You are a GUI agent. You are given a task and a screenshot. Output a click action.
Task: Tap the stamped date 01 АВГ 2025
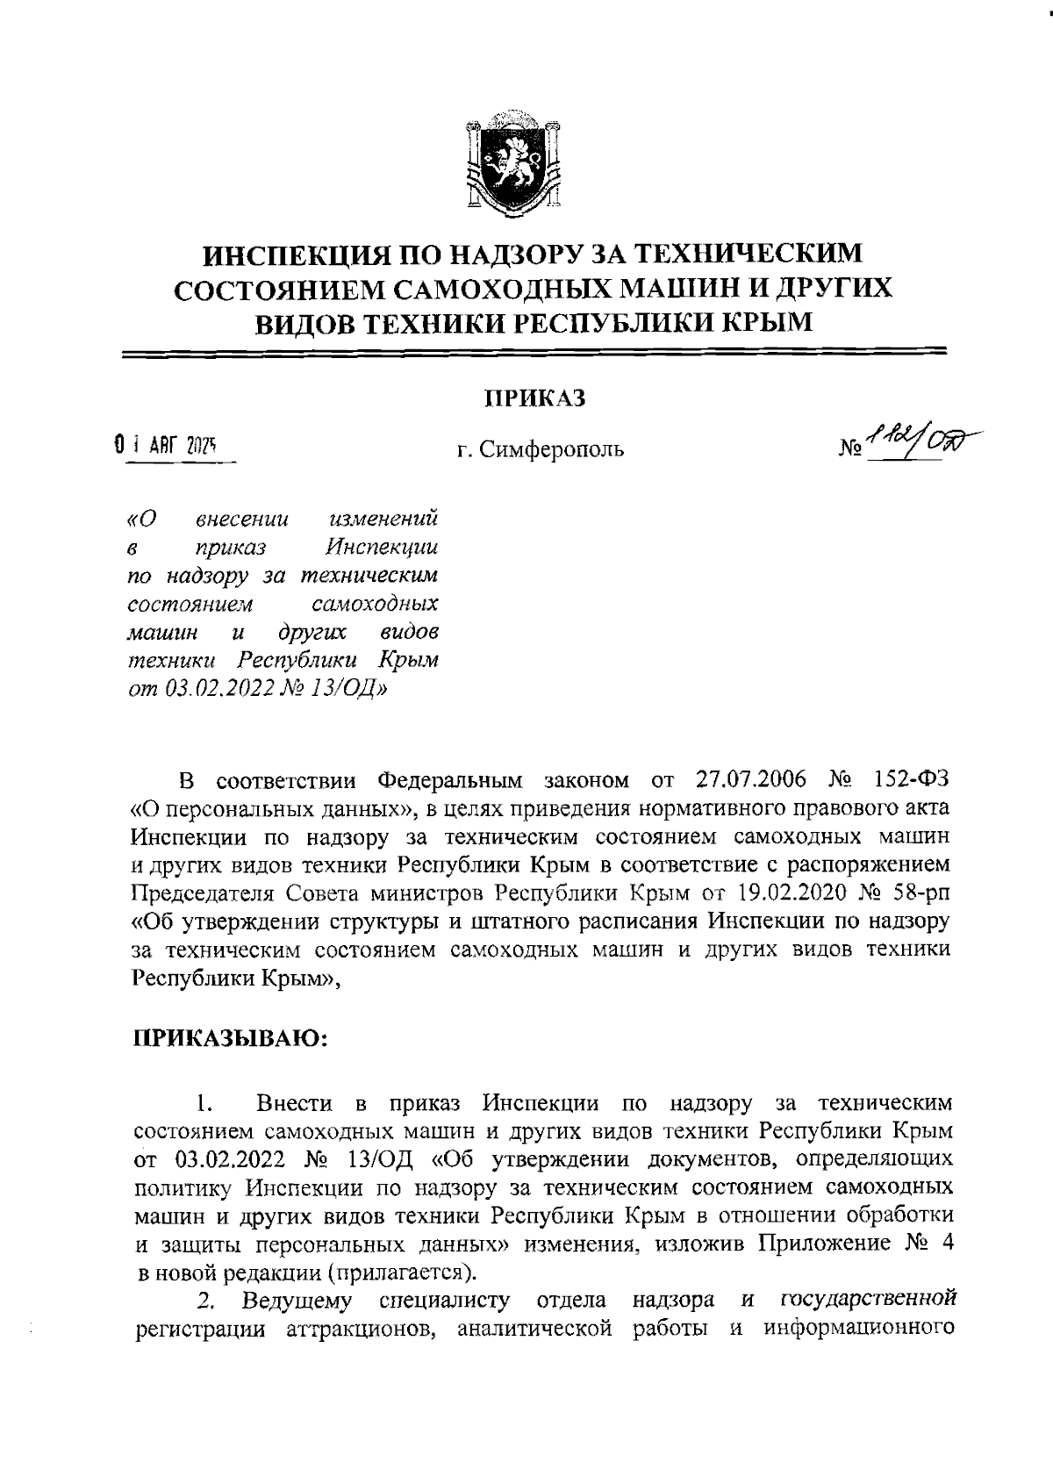[x=164, y=447]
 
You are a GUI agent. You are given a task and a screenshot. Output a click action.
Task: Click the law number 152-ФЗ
[x=912, y=780]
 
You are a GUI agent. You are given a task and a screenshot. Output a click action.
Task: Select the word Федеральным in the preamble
[x=449, y=780]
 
